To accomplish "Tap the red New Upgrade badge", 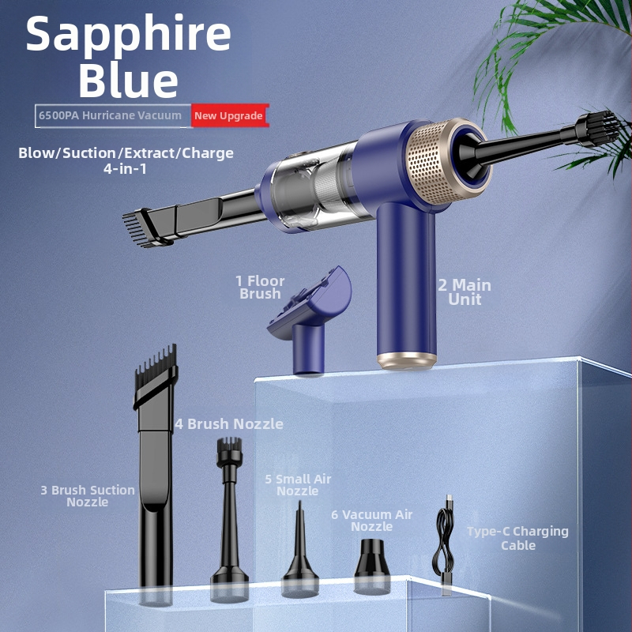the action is (229, 115).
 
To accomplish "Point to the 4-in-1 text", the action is (125, 168).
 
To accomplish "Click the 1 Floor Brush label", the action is (260, 287).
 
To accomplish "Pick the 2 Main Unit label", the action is (465, 292).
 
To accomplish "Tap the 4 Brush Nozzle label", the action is (229, 423).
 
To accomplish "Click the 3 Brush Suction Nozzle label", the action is (88, 496).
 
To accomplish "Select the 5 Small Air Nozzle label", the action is (298, 485).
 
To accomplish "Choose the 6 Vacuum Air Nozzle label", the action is (371, 521).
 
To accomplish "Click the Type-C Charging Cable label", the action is (518, 538).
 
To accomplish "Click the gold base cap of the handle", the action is (407, 361).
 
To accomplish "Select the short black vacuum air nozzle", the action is (372, 566).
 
